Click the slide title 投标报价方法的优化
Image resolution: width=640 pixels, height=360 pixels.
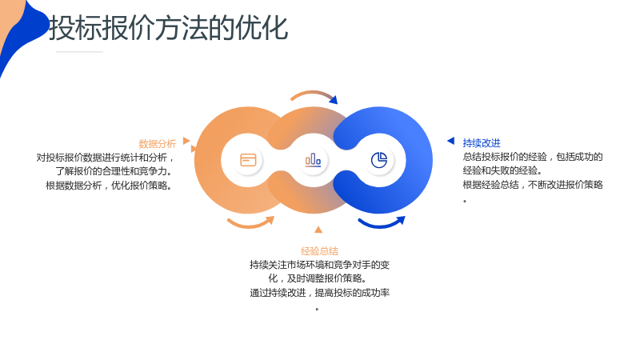169,28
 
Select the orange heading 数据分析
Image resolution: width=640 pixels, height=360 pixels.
157,144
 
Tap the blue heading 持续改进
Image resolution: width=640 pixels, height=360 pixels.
482,143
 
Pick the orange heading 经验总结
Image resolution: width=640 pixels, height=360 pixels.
319,251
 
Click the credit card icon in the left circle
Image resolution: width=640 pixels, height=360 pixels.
248,159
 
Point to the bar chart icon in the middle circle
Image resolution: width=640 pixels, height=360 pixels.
313,159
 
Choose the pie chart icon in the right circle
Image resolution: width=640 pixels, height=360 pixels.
379,159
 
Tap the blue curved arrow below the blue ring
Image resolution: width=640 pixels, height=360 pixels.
382,224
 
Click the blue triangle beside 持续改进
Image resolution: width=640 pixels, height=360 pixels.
451,141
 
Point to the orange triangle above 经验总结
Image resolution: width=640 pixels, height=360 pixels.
318,230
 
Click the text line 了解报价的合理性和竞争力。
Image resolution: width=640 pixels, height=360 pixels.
114,171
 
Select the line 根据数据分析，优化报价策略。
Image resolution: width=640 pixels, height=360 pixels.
110,186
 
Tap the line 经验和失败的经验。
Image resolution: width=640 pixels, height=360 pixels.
503,170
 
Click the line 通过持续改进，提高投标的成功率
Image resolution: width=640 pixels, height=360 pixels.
319,293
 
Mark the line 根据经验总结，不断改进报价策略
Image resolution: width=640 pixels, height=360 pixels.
533,185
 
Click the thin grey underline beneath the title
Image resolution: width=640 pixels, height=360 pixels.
79,52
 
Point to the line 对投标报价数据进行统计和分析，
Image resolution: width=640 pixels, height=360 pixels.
106,157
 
